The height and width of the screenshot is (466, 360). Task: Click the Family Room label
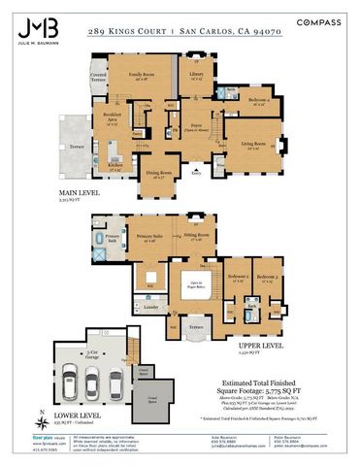point(143,75)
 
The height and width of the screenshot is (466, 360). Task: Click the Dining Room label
point(159,175)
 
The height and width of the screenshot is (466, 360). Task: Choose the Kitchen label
point(115,166)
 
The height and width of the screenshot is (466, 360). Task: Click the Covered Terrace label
point(98,76)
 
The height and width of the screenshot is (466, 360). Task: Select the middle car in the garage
point(91,385)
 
